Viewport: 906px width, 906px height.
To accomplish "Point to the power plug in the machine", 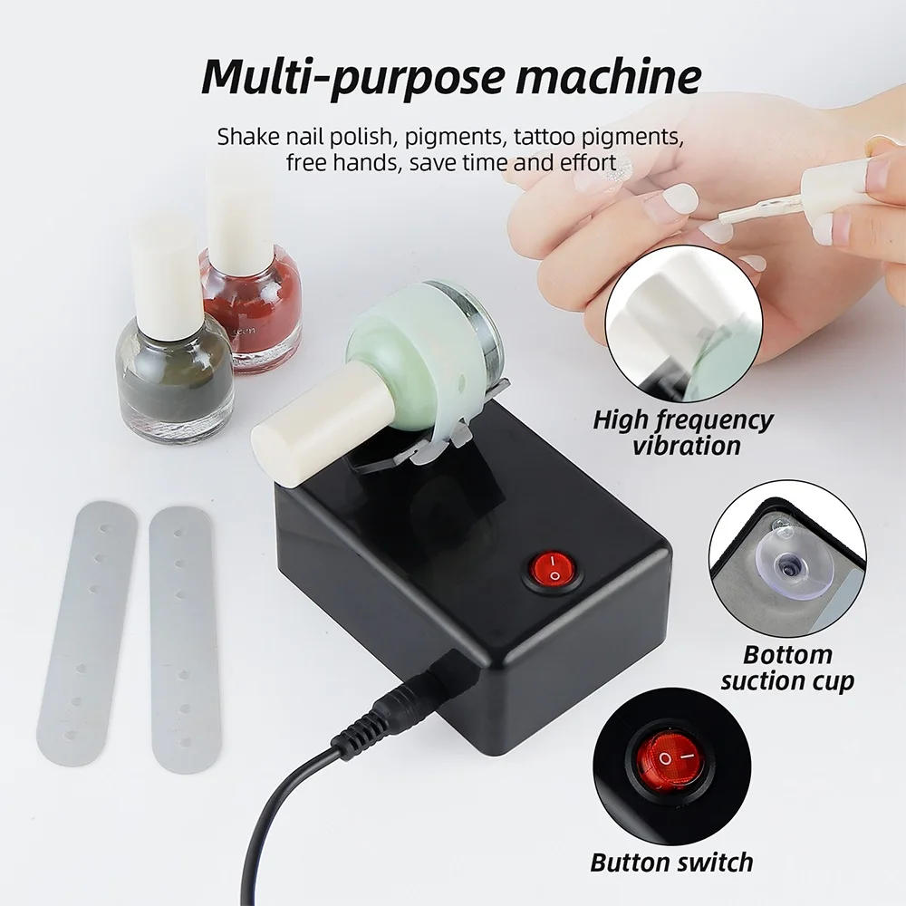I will [412, 698].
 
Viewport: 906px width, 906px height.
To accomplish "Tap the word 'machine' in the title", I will [609, 76].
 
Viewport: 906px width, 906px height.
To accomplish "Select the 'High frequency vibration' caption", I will [683, 432].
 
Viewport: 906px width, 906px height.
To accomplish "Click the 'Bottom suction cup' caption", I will [786, 667].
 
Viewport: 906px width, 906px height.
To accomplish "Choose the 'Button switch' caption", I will [671, 862].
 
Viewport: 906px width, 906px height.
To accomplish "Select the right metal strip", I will [185, 634].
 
